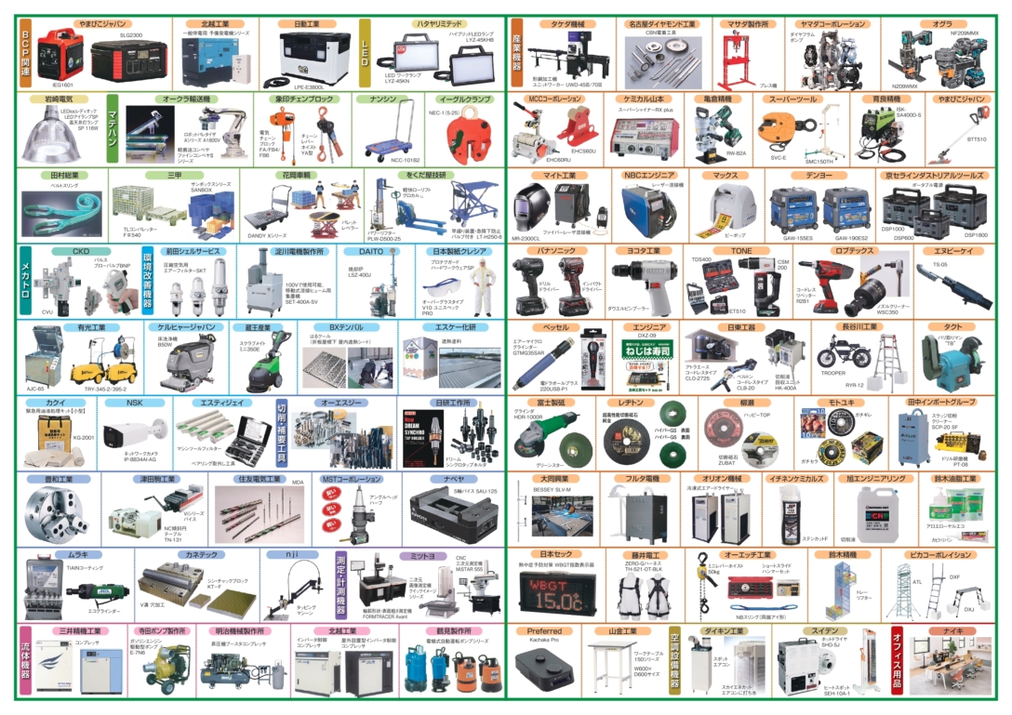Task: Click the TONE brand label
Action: [x=740, y=251]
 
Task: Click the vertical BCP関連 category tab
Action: [x=26, y=52]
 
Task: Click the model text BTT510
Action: [x=976, y=139]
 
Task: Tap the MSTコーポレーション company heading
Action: [x=352, y=479]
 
